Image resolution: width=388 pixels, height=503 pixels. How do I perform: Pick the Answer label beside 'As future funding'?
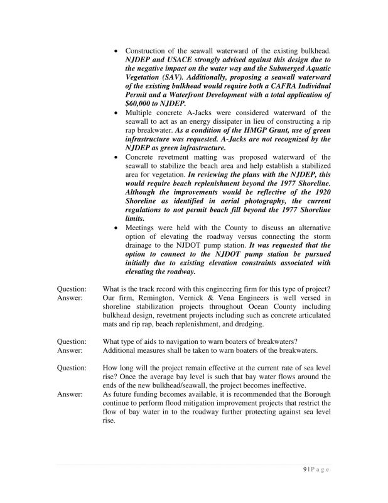[x=68, y=394]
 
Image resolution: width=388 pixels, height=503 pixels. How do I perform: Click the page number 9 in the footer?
[x=304, y=470]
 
